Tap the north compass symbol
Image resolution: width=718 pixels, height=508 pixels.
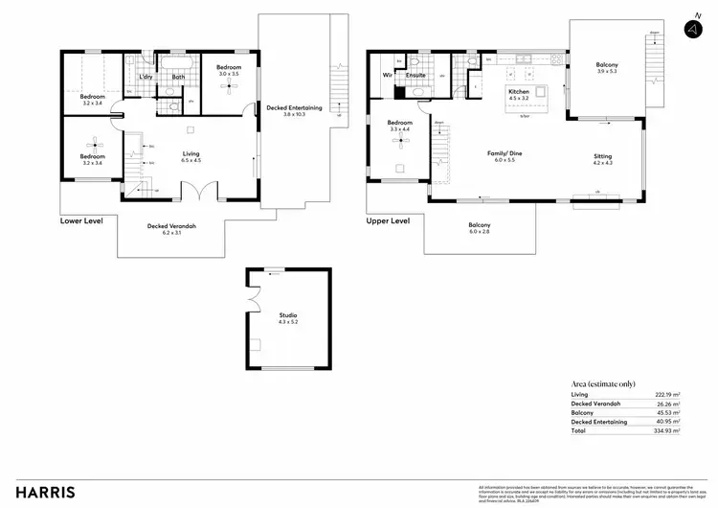[691, 30]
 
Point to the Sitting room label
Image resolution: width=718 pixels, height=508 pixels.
[602, 156]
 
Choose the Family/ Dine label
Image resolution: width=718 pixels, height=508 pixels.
[505, 153]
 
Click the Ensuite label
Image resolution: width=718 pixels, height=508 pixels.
[415, 74]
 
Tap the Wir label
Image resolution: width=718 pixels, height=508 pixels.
[388, 74]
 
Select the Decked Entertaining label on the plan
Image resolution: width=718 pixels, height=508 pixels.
[294, 107]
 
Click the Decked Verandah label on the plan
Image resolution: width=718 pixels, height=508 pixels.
[172, 225]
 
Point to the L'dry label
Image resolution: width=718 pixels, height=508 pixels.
[146, 77]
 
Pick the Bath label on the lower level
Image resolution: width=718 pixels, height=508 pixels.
[178, 77]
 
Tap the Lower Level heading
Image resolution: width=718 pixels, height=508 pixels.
[81, 220]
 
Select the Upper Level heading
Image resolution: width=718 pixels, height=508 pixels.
[388, 220]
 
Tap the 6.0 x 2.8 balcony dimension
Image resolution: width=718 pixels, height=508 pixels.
[480, 232]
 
